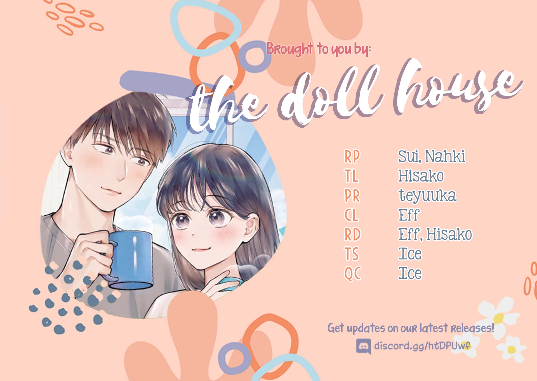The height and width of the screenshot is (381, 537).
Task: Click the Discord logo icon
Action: pyautogui.click(x=364, y=346)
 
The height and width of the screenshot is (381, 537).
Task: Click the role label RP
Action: pyautogui.click(x=352, y=156)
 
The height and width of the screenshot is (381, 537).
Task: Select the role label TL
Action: pyautogui.click(x=351, y=176)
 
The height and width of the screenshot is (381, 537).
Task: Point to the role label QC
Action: pyautogui.click(x=353, y=273)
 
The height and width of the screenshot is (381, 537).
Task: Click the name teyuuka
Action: pyautogui.click(x=428, y=196)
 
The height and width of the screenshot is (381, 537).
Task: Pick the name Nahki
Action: pyautogui.click(x=445, y=156)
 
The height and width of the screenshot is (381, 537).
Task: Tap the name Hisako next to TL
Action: pyautogui.click(x=421, y=176)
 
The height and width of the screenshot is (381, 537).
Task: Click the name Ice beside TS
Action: pyautogui.click(x=410, y=254)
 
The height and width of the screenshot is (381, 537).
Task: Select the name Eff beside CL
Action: pyautogui.click(x=409, y=215)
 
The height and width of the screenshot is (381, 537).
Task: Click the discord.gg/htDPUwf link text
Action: pyautogui.click(x=422, y=346)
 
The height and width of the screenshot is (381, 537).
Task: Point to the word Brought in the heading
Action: pyautogui.click(x=289, y=49)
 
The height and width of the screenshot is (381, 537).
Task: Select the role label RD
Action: pyautogui.click(x=352, y=234)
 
